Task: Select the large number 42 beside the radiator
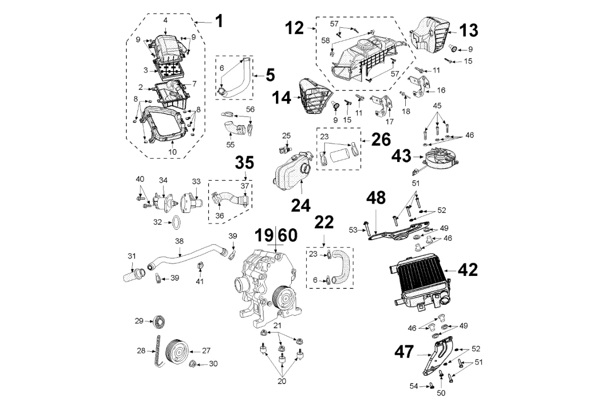(x=467, y=270)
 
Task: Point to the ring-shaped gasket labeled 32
(x=177, y=223)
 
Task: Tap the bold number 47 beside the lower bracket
(x=404, y=351)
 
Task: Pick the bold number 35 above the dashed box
(x=244, y=163)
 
